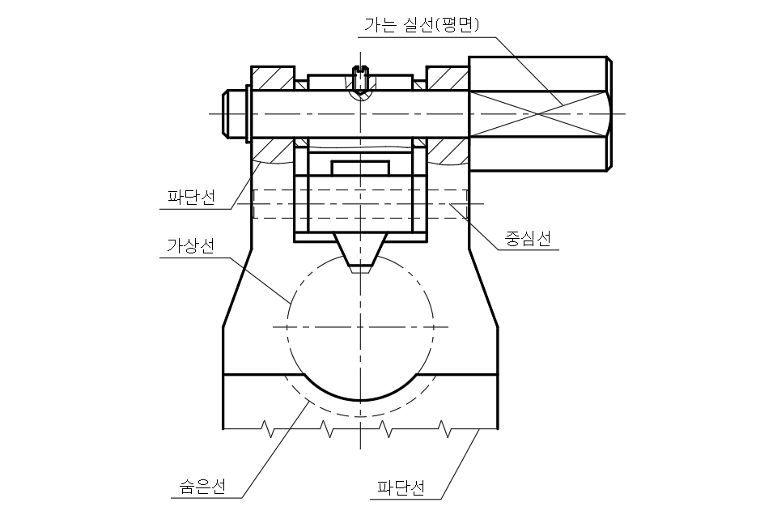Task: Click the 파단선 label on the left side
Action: tap(191, 197)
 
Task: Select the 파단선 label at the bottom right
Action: tap(401, 488)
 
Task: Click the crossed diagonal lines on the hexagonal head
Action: tap(537, 113)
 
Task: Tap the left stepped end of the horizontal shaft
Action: tap(236, 113)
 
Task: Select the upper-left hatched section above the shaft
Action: tap(271, 77)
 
